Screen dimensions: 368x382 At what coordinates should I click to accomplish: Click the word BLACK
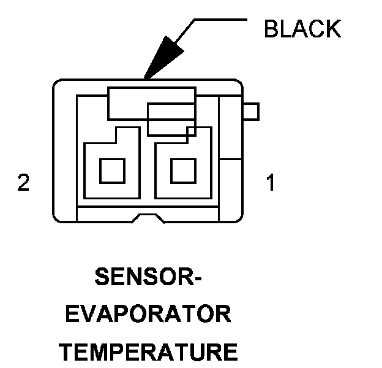click(302, 28)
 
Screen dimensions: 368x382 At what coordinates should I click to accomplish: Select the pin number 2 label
click(23, 183)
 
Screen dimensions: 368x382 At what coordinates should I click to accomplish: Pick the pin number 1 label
click(270, 183)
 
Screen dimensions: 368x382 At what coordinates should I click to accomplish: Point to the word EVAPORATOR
click(149, 316)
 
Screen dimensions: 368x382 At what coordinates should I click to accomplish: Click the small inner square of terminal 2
click(111, 170)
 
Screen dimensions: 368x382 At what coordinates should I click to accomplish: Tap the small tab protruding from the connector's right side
click(251, 112)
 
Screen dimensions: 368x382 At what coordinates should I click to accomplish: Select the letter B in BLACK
click(271, 28)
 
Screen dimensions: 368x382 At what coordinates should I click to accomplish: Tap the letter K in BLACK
click(332, 28)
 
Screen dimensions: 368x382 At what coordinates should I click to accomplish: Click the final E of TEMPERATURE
click(231, 352)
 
